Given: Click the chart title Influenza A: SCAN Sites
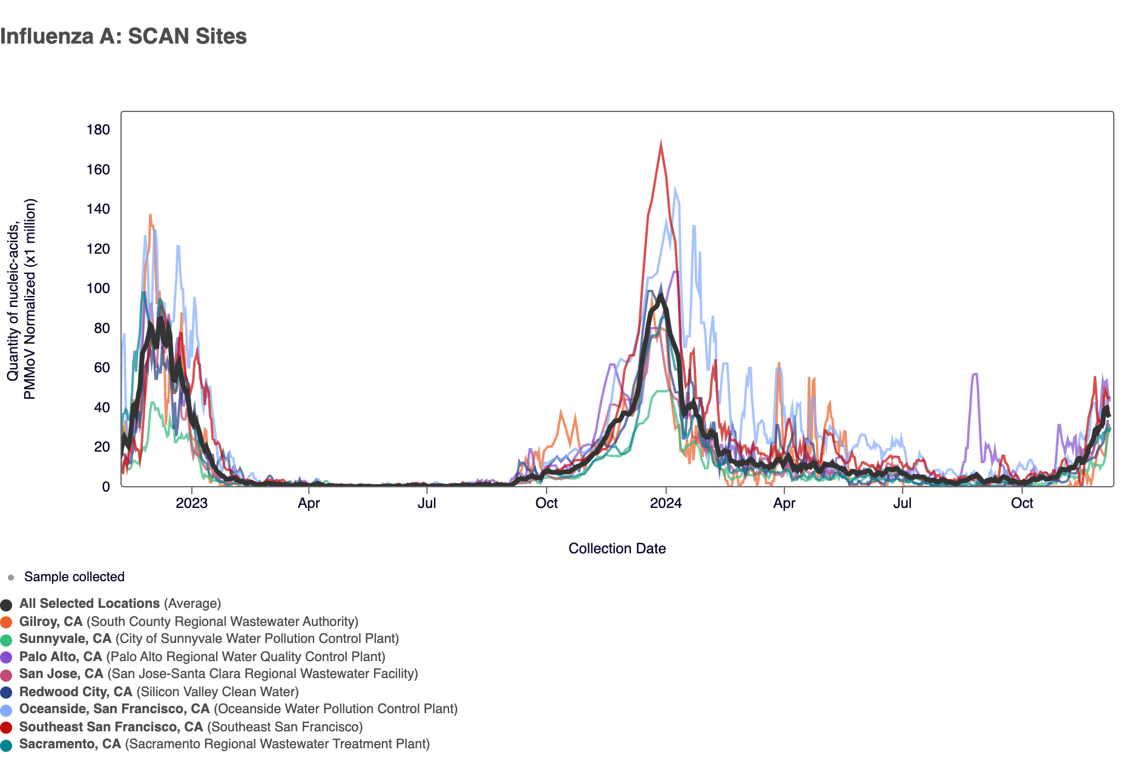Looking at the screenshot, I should (x=123, y=36).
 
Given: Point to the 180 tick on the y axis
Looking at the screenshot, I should (x=98, y=130).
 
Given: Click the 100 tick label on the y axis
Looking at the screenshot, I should (x=98, y=288).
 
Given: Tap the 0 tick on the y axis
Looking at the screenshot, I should (x=106, y=487).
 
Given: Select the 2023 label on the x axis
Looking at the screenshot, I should (x=191, y=503).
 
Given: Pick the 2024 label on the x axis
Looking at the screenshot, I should (x=665, y=503).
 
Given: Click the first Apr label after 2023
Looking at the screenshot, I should (x=309, y=503).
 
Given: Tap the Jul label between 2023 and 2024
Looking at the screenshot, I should (x=427, y=503).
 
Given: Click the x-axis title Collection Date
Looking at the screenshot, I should (x=617, y=548).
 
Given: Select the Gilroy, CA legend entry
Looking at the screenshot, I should (x=51, y=622).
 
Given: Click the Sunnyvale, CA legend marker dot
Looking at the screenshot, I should (x=7, y=640).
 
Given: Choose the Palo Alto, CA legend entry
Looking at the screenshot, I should (x=61, y=657).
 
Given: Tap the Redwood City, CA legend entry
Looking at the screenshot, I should (x=76, y=692).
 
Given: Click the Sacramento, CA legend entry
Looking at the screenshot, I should (x=70, y=744).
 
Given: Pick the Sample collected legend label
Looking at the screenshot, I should (x=74, y=577).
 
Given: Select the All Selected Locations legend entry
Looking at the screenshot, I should (x=90, y=604).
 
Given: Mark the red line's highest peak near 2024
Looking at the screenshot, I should (x=660, y=143).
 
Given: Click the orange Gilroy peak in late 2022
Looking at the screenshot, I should (x=150, y=215).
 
